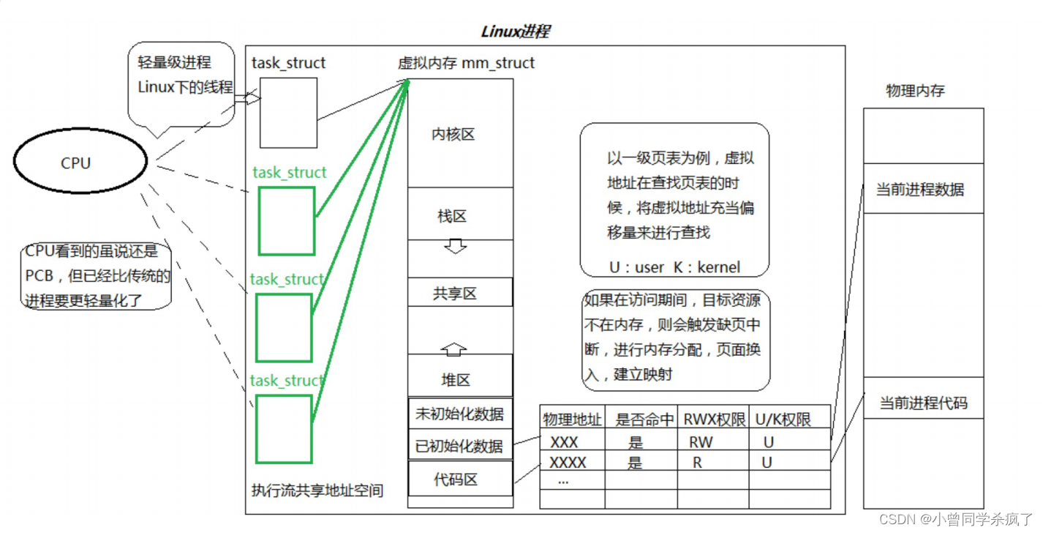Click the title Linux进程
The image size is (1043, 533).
tap(515, 31)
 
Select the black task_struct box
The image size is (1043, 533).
tap(288, 113)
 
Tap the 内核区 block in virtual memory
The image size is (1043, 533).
tap(460, 134)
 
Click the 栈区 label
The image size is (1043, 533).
tap(452, 216)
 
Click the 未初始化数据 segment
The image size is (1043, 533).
tap(460, 413)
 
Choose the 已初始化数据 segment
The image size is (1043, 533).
tap(460, 445)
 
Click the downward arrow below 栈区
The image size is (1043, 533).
tap(455, 247)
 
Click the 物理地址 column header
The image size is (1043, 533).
tap(572, 420)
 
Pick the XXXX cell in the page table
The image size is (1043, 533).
tap(568, 462)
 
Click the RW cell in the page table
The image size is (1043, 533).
tap(700, 442)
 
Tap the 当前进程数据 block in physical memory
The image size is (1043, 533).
tap(923, 190)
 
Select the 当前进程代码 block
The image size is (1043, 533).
tap(923, 403)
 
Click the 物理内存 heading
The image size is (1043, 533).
tap(915, 91)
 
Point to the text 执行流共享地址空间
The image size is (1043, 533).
tap(317, 491)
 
